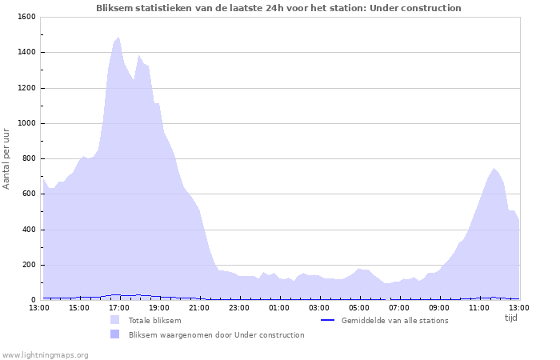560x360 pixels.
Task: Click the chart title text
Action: coord(278,8)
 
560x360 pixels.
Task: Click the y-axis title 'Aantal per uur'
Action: coord(6,158)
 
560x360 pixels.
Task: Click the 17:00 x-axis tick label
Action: coord(119,307)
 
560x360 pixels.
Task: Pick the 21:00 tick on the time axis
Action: coord(199,307)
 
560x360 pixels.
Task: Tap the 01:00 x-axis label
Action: coord(279,307)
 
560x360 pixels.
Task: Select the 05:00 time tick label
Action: coord(359,307)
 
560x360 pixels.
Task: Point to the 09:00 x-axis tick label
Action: coord(439,307)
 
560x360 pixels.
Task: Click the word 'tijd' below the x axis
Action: coord(511,318)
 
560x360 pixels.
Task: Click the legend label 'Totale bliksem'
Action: coord(154,321)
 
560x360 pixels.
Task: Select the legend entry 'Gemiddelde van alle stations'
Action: coord(394,321)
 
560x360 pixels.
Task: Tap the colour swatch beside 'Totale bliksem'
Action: coord(115,321)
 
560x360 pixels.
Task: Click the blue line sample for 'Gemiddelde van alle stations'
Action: coord(326,321)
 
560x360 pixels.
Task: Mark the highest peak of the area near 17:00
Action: coord(118,38)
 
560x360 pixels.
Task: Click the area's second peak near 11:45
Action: coord(494,169)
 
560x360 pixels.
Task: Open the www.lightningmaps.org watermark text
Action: coord(45,354)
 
